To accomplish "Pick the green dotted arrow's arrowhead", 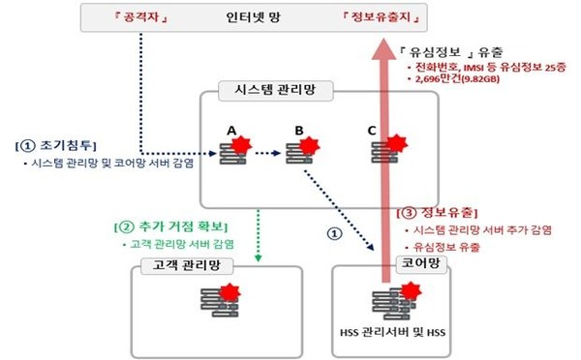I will pos(259,256).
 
